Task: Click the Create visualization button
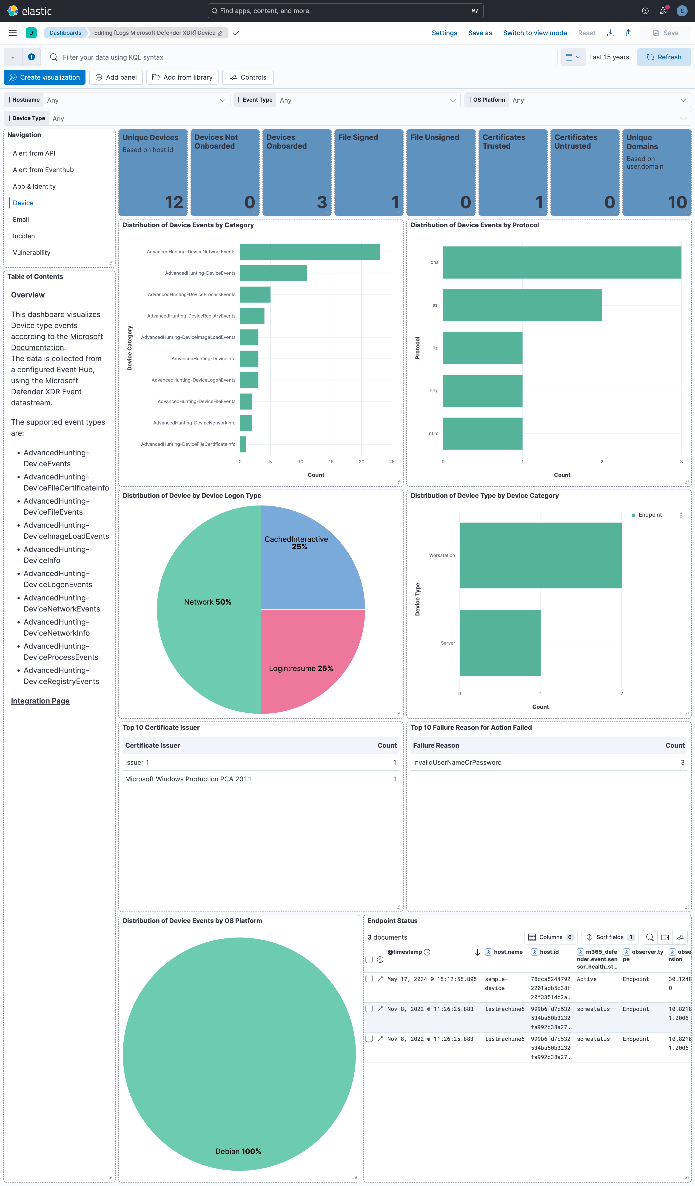tap(45, 77)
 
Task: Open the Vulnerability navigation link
tap(31, 253)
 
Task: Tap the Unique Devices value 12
tap(174, 202)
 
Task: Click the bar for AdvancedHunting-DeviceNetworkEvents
tap(309, 252)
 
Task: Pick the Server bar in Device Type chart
tap(500, 643)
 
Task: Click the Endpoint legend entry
tap(649, 515)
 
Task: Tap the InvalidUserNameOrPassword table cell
tap(457, 762)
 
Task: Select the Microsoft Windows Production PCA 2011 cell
tap(188, 779)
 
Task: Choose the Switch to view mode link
tap(535, 33)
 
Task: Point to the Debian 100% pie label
tap(238, 1151)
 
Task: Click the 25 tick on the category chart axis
tap(392, 462)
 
